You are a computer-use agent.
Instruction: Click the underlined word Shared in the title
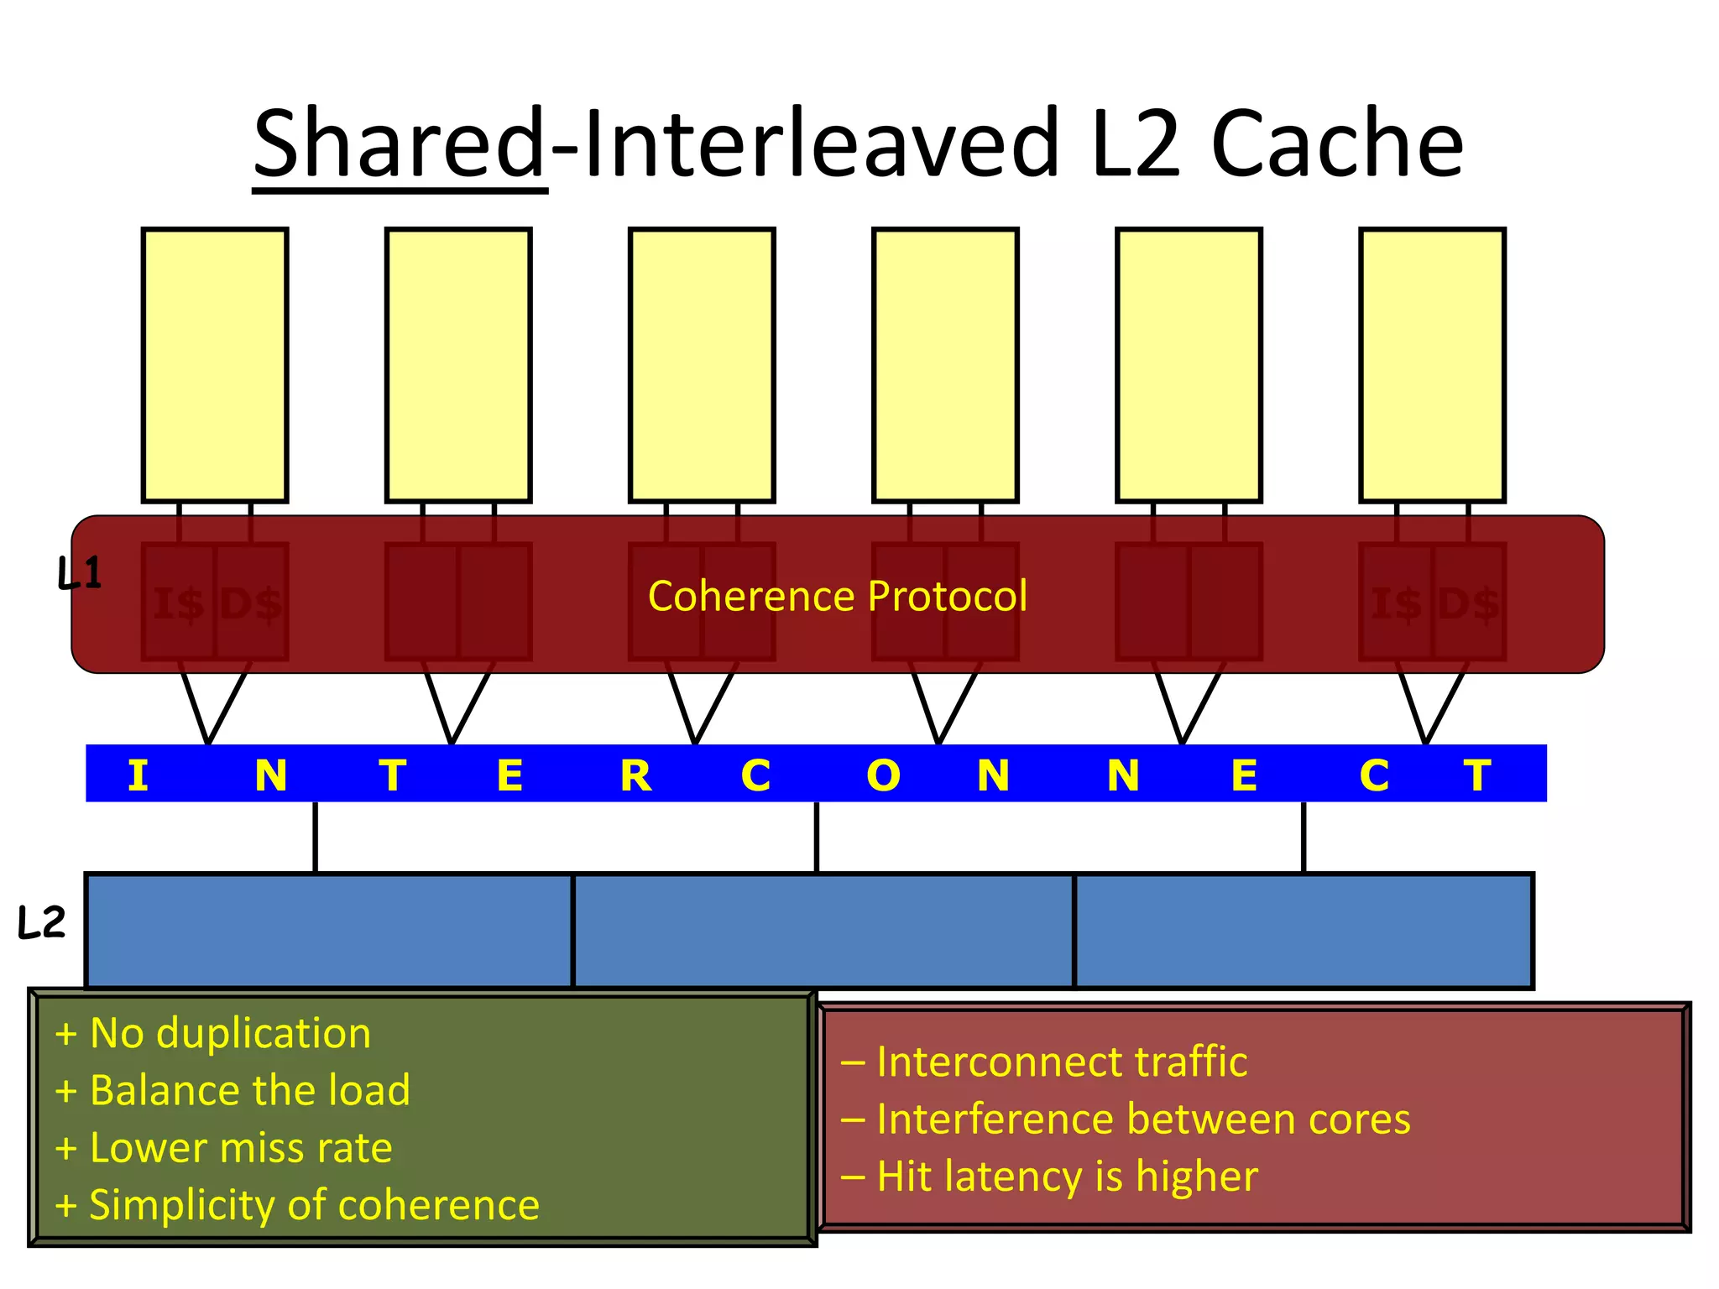click(x=400, y=144)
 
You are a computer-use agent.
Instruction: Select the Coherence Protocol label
click(x=837, y=596)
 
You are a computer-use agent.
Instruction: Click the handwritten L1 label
click(x=80, y=573)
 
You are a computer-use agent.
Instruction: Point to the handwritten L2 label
click(x=41, y=922)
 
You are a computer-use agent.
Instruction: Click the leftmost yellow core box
click(x=215, y=365)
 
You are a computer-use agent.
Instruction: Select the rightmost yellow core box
click(x=1432, y=365)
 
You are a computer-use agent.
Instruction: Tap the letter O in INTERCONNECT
click(x=883, y=775)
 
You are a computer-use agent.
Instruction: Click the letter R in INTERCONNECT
click(x=635, y=775)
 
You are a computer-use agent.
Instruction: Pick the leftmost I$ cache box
click(x=179, y=602)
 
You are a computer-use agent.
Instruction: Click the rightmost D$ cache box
click(x=1468, y=602)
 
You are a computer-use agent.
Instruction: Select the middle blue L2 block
click(x=823, y=931)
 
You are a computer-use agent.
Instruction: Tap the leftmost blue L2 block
click(x=329, y=931)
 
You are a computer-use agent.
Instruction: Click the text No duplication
click(x=230, y=1032)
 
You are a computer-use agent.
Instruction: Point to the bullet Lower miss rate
click(x=240, y=1147)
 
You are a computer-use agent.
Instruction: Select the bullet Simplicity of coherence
click(x=314, y=1205)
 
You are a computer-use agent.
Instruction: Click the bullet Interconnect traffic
click(x=1061, y=1062)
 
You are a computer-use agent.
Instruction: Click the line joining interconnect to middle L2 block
click(x=816, y=837)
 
